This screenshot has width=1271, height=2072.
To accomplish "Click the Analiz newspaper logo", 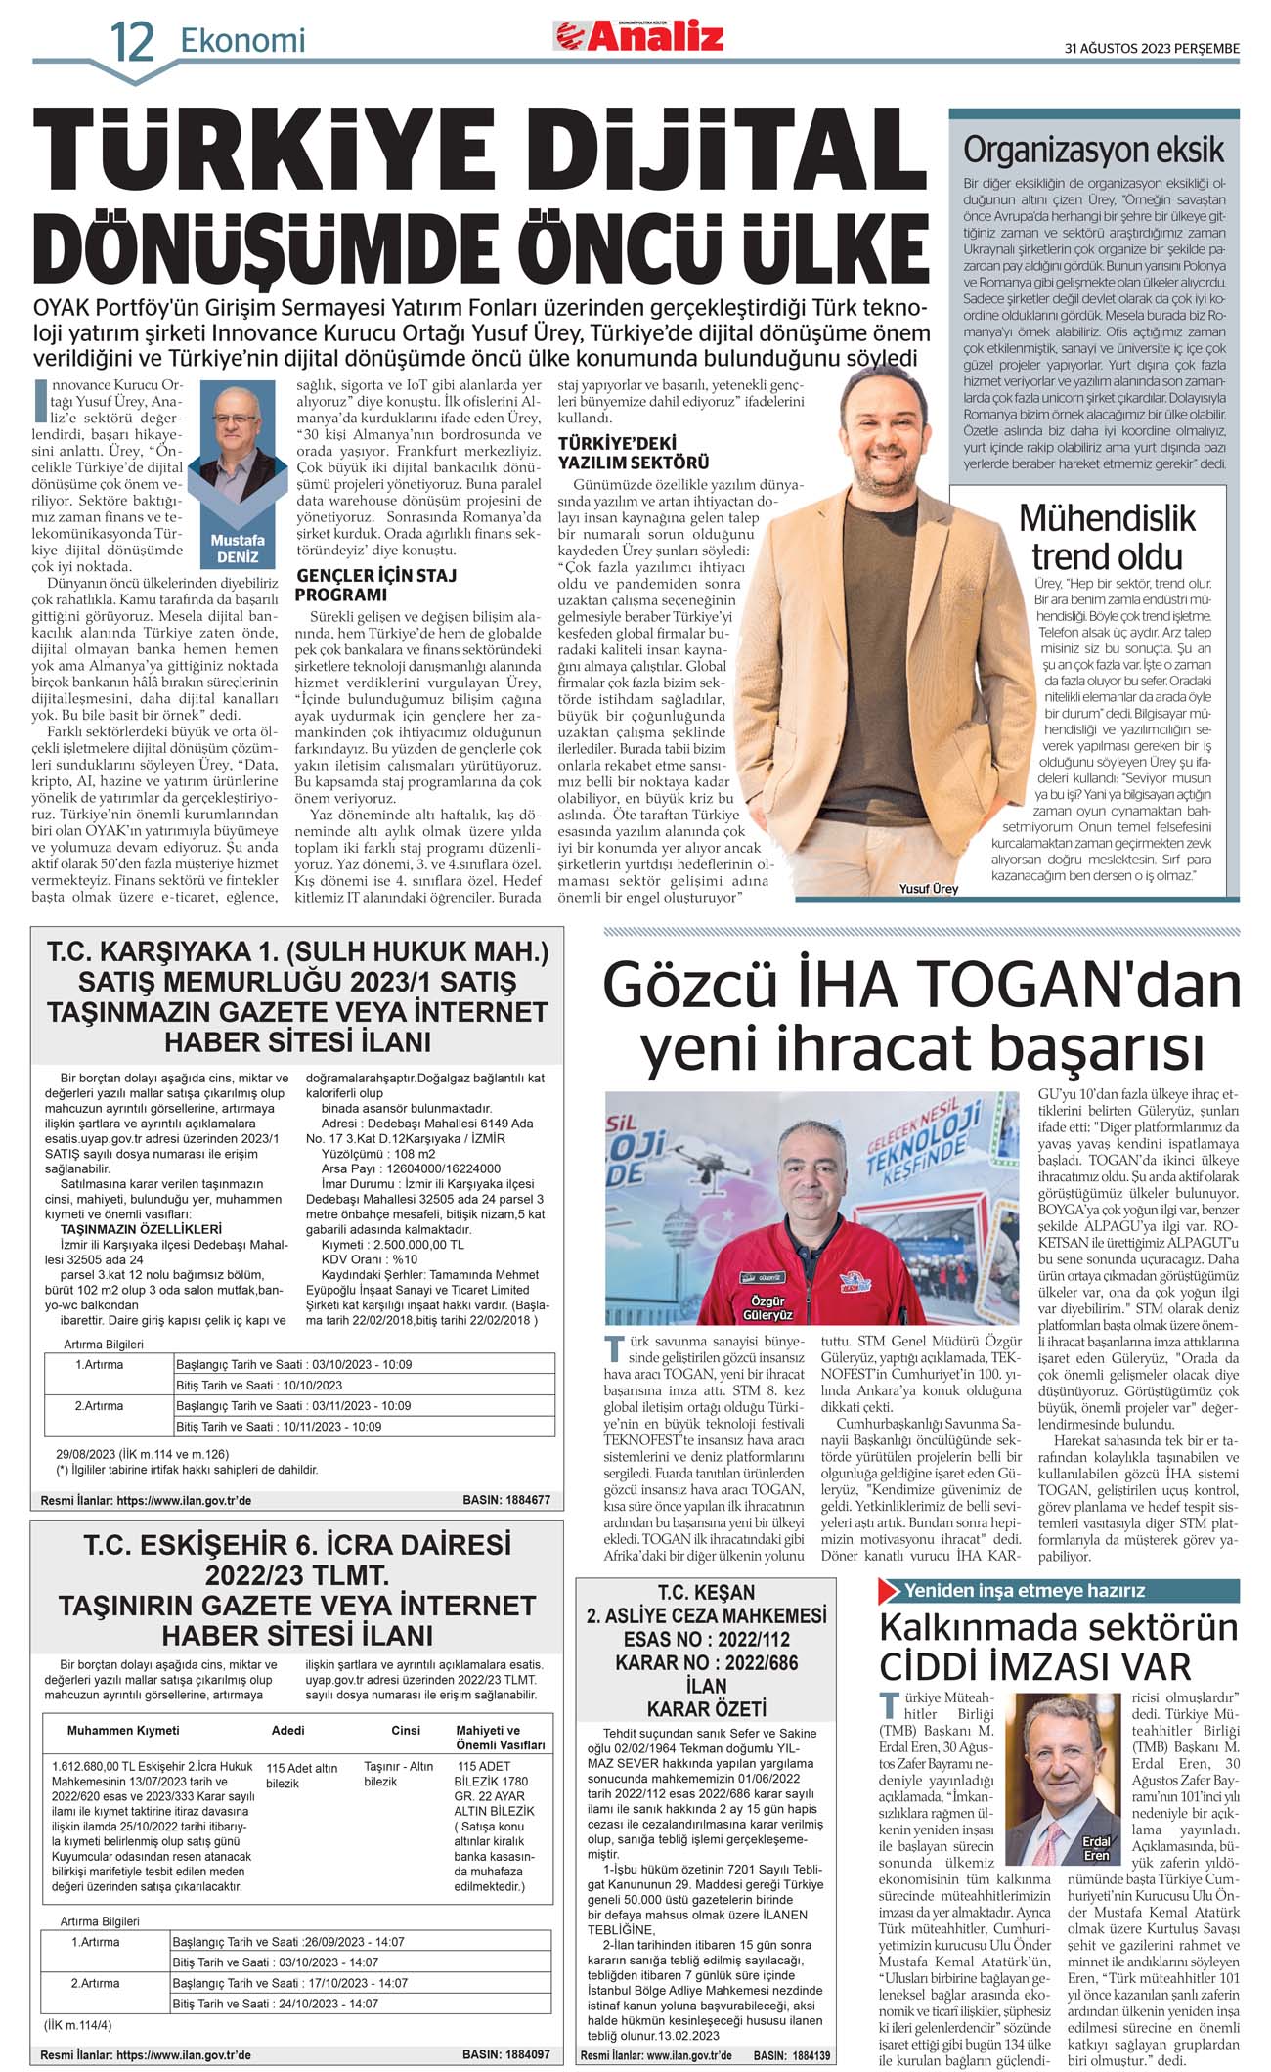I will coord(640,36).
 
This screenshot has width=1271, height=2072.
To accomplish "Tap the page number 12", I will coord(132,42).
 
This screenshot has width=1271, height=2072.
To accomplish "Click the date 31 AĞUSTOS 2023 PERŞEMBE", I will coord(1151,49).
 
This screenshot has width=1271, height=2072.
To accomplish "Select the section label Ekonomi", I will coord(242,40).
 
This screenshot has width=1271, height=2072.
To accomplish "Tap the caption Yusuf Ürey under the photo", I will coord(928,889).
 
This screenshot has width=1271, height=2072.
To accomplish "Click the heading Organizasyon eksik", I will coord(1093,151).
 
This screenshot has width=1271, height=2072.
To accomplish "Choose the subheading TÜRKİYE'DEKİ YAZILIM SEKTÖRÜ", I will coord(633,453).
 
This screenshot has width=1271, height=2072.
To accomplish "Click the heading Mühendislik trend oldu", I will coord(1107,537).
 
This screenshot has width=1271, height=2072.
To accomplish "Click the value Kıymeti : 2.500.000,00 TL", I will coord(392,1245).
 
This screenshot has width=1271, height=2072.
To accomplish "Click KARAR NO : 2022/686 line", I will coord(706,1662).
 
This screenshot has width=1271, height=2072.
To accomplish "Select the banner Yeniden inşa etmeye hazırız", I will coord(1024,1591).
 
